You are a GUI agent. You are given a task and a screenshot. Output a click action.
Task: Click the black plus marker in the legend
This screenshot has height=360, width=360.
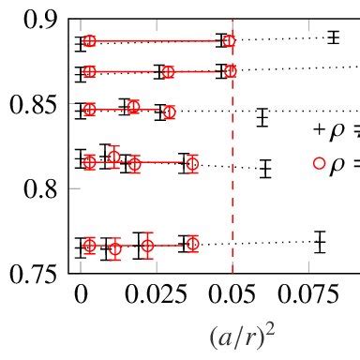tap(319, 128)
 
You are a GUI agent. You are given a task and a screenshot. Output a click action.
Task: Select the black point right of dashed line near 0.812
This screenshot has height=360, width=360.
tap(266, 169)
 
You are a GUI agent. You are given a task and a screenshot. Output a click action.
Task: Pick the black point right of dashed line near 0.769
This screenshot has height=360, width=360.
tap(321, 242)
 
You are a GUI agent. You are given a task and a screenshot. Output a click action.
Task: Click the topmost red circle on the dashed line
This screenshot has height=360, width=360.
tap(231, 41)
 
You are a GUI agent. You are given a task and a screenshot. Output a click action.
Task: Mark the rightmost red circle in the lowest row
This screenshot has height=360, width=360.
tap(192, 244)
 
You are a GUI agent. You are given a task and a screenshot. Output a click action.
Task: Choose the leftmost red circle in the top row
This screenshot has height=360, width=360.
tap(90, 41)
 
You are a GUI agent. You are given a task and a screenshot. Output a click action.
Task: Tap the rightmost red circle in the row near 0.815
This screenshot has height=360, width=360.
tap(192, 164)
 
